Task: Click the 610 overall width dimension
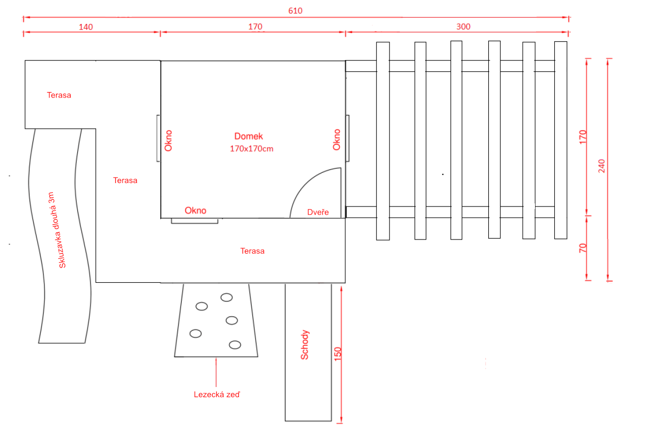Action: tap(295, 11)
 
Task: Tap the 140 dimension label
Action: tap(86, 27)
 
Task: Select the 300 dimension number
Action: tap(463, 27)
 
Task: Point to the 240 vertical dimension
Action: tap(601, 166)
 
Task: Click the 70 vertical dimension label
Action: tap(583, 248)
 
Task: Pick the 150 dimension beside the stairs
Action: tap(337, 354)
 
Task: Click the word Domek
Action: tap(249, 136)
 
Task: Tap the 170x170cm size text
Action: tap(252, 149)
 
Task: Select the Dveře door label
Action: tap(318, 212)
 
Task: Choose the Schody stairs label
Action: tap(305, 345)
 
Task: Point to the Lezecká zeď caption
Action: tap(217, 394)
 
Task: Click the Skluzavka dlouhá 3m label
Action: tap(56, 230)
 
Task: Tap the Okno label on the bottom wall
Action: tap(195, 211)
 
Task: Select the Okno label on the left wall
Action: tap(168, 141)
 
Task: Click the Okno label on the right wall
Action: tap(337, 140)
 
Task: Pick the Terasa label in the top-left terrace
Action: tap(59, 95)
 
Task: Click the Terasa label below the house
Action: tap(252, 251)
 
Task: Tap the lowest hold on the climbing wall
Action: tap(235, 345)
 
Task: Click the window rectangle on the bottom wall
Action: tap(194, 221)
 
